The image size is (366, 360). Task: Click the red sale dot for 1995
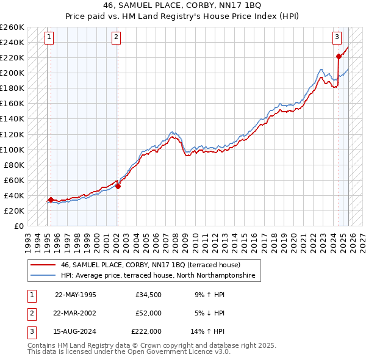tap(51, 199)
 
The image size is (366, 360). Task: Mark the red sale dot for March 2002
tap(118, 186)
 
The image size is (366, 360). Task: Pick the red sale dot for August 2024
tap(339, 56)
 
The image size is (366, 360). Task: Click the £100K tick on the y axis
tap(12, 149)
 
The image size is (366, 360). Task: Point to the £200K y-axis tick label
tap(12, 73)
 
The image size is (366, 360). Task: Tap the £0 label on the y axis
tap(18, 226)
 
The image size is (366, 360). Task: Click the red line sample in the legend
tap(44, 265)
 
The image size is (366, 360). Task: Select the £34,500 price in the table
tap(148, 295)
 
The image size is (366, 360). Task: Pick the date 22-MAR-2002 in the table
tap(75, 313)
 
